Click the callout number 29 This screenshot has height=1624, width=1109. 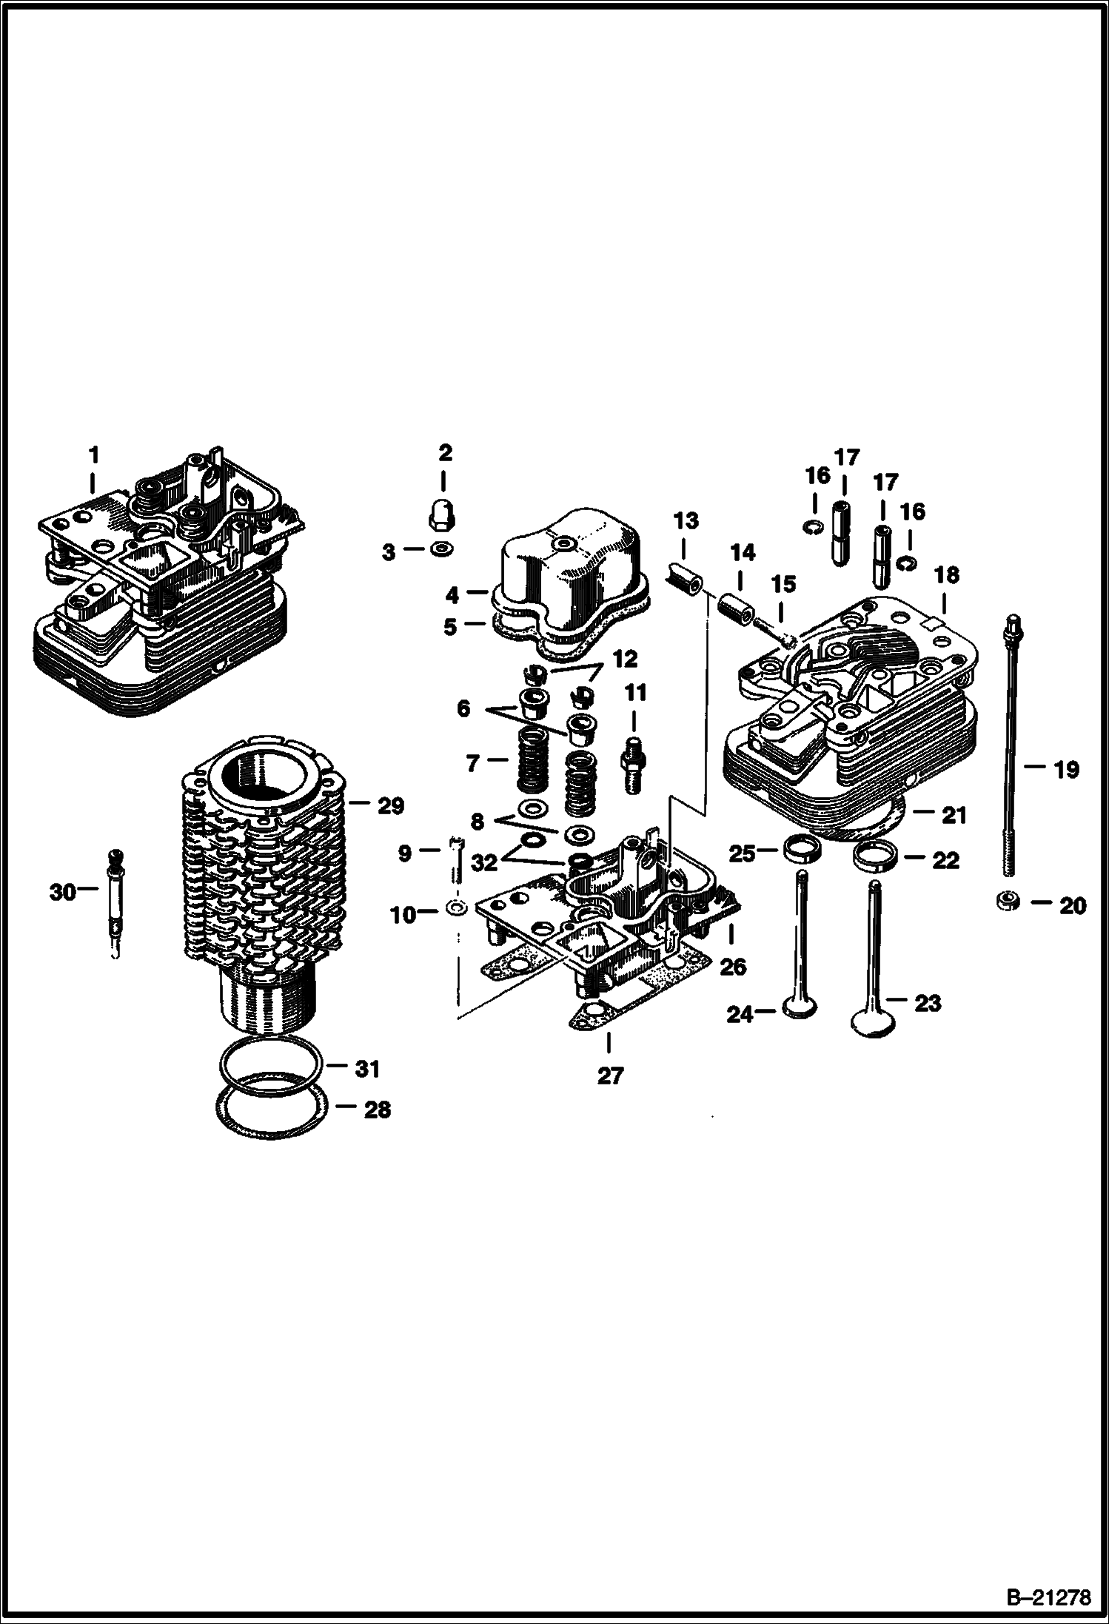[x=390, y=805]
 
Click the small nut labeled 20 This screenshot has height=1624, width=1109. [x=1008, y=901]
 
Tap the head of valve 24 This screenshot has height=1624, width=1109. [x=801, y=1007]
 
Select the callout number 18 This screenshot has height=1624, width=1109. [x=946, y=575]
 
